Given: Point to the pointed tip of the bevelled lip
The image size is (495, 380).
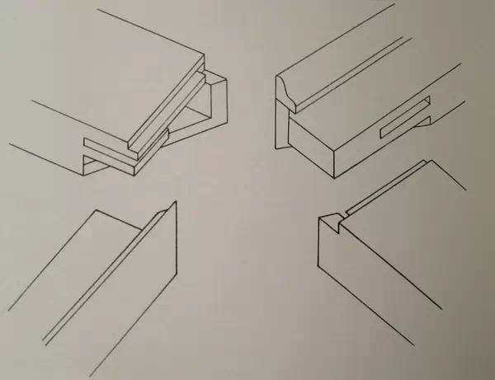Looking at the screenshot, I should [x=174, y=204].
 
